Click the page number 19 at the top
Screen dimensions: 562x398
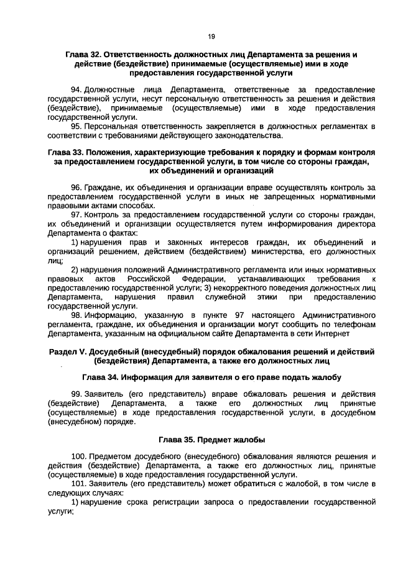click(211, 37)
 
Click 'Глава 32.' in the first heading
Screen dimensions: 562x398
click(84, 55)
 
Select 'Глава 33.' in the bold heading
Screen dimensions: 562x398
click(66, 152)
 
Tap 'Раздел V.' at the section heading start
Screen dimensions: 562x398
click(70, 352)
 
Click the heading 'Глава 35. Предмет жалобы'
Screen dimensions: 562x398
click(211, 440)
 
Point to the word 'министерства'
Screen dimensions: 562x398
click(277, 252)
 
